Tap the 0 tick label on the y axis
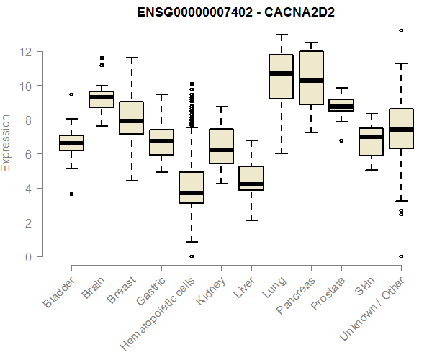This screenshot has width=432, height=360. tap(29, 256)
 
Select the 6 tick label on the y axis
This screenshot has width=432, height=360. tap(29, 154)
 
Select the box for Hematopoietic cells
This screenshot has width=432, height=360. tap(192, 187)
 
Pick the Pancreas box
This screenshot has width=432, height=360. tap(311, 78)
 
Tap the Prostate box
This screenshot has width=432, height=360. tap(341, 105)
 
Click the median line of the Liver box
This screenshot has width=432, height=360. tap(251, 184)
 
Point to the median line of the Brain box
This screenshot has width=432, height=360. tap(102, 96)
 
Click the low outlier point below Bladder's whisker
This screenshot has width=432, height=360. tap(71, 194)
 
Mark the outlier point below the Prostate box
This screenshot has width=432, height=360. tap(341, 140)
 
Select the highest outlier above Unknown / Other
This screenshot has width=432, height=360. tap(400, 30)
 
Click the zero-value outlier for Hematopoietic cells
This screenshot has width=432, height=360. tap(192, 256)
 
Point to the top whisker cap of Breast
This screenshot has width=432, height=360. tap(131, 58)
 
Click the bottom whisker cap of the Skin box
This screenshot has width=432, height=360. tap(371, 170)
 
